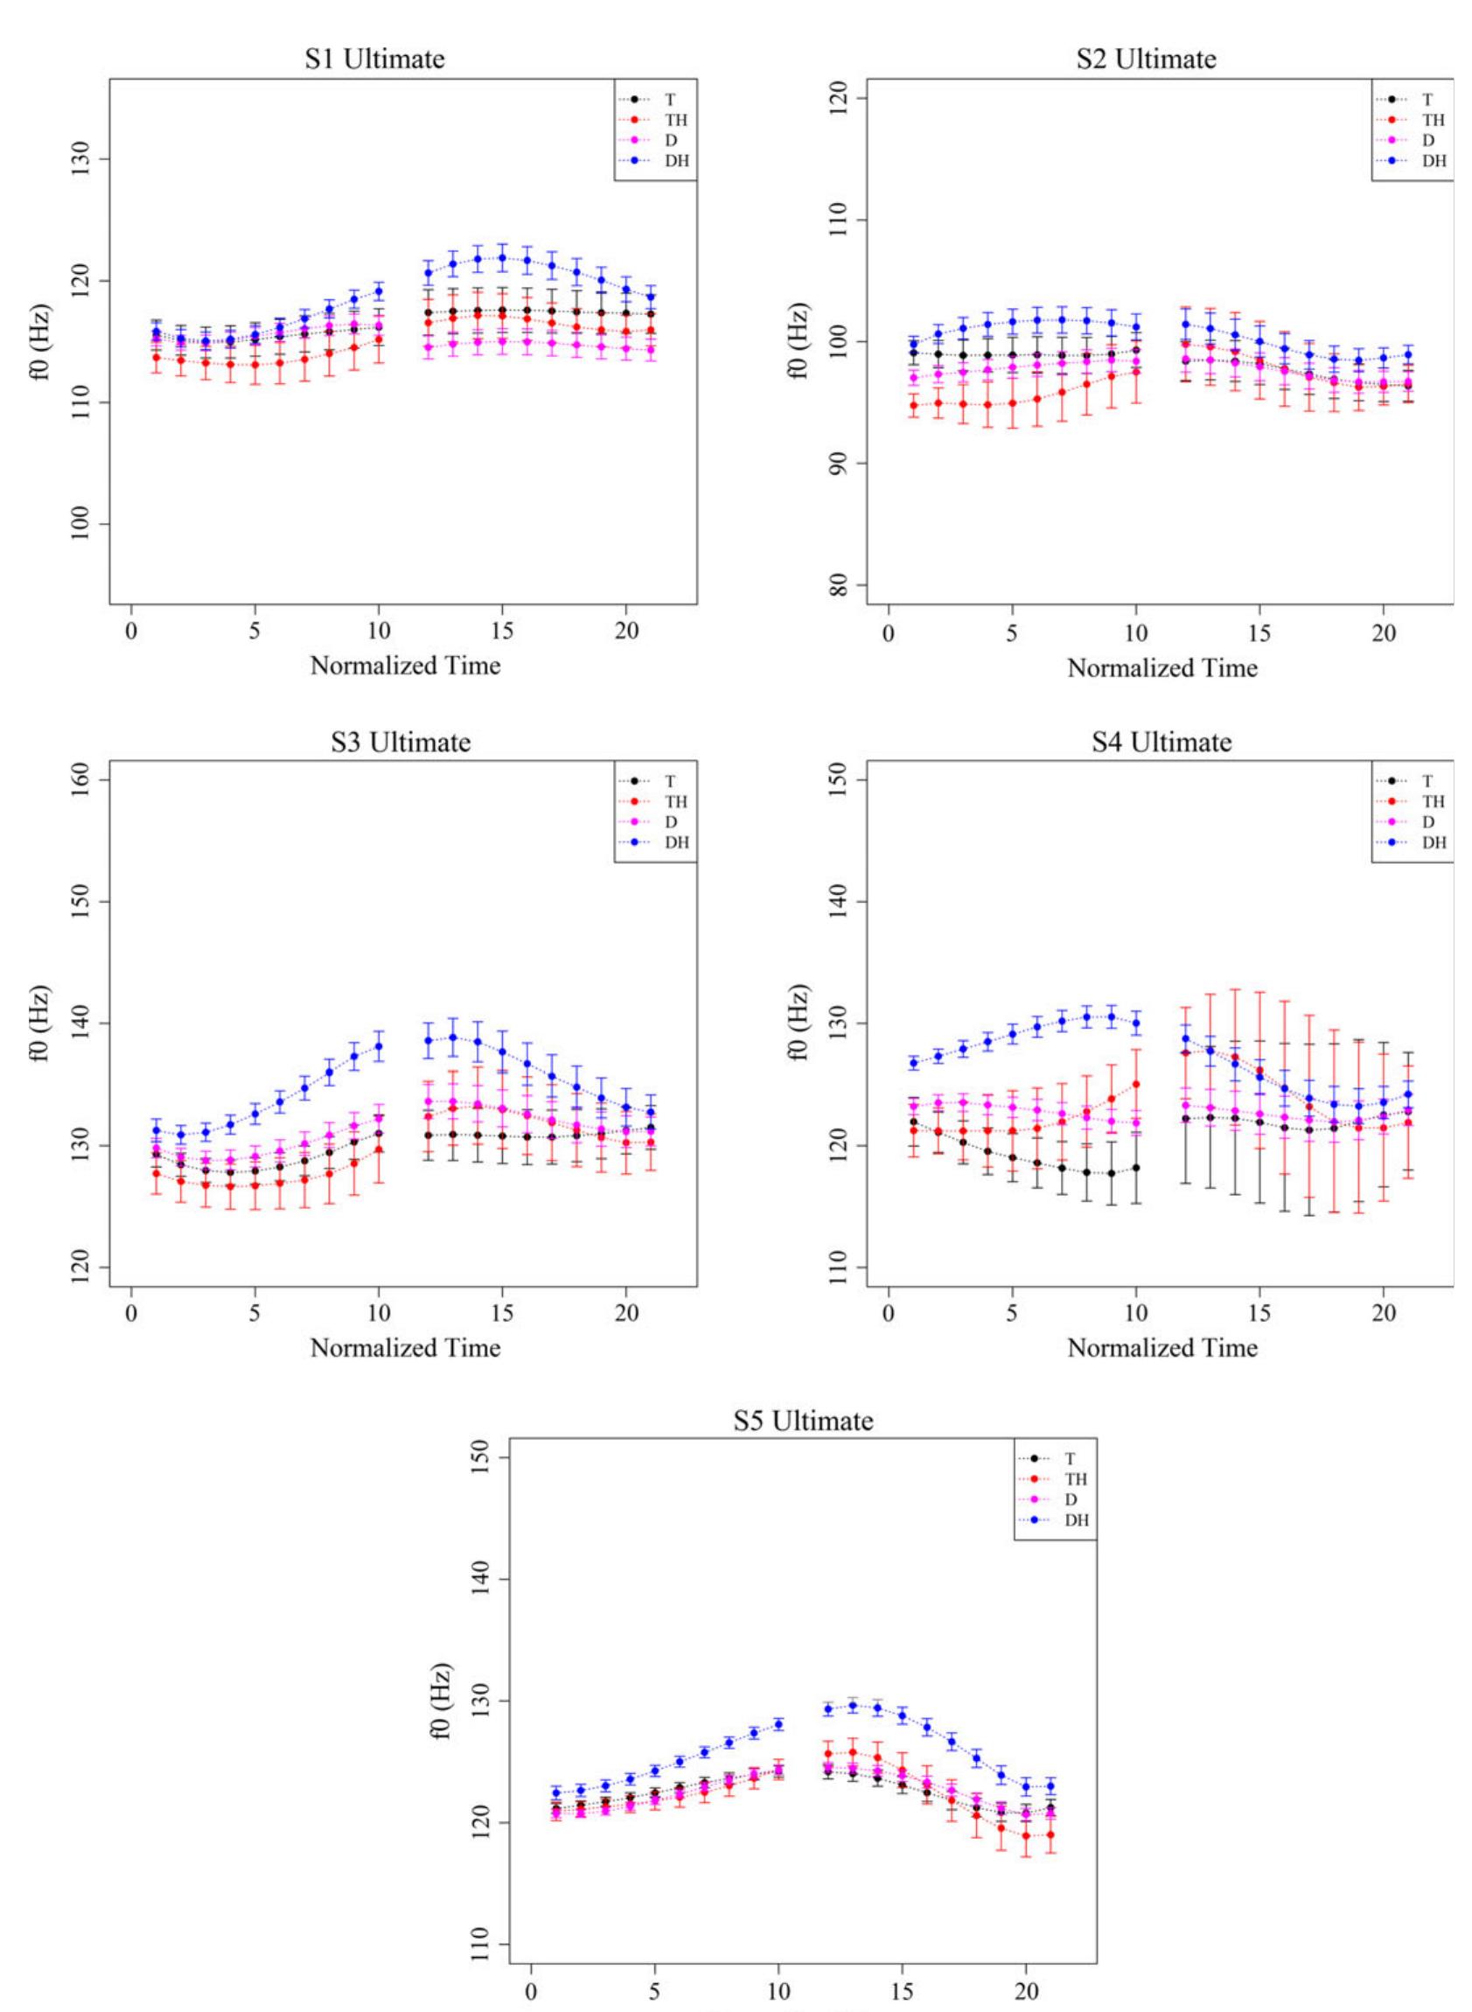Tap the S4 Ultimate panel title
[x=1161, y=741]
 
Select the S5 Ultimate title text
[x=803, y=1420]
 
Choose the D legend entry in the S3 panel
[x=670, y=821]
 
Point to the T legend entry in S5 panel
[x=1071, y=1458]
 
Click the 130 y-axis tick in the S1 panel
[x=87, y=159]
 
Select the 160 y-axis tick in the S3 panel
[x=87, y=779]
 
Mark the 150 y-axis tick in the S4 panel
[x=842, y=779]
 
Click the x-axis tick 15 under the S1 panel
[x=503, y=632]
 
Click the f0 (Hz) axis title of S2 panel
[x=799, y=341]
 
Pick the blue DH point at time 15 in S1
[x=503, y=257]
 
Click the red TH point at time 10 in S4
[x=1136, y=1084]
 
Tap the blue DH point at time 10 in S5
[x=778, y=1724]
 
